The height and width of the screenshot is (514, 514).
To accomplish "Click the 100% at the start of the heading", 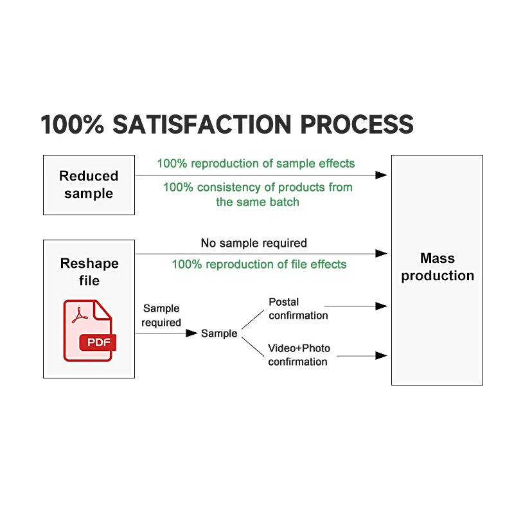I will pos(73,125).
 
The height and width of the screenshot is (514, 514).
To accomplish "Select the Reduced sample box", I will pos(89,184).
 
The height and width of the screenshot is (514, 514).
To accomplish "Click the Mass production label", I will pos(438,267).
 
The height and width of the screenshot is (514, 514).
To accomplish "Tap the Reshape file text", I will pos(89,272).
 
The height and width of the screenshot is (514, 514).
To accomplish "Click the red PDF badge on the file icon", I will pos(98,342).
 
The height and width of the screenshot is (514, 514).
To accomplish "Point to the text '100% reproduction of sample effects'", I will pos(256,163).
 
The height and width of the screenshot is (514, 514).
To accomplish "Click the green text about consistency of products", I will pos(258,194).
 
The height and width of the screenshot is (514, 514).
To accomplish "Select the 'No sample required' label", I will pos(254,243).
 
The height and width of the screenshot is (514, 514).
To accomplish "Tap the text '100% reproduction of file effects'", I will pos(259,264).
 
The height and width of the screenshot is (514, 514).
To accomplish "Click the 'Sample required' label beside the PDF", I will pos(161,315).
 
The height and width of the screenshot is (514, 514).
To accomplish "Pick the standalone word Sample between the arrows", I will pos(219,333).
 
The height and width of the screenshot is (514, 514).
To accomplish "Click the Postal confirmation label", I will pos(298,308).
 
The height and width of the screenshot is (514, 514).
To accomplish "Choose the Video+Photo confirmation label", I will pos(299,355).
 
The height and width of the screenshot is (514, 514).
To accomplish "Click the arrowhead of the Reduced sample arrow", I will pos(382,175).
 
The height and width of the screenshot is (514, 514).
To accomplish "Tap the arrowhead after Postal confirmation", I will pos(382,307).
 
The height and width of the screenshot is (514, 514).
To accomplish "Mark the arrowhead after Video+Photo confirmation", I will pos(382,355).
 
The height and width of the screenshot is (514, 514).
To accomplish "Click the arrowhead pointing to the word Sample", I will pos(191,333).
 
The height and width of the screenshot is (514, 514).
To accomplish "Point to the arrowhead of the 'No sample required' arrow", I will pos(382,254).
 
